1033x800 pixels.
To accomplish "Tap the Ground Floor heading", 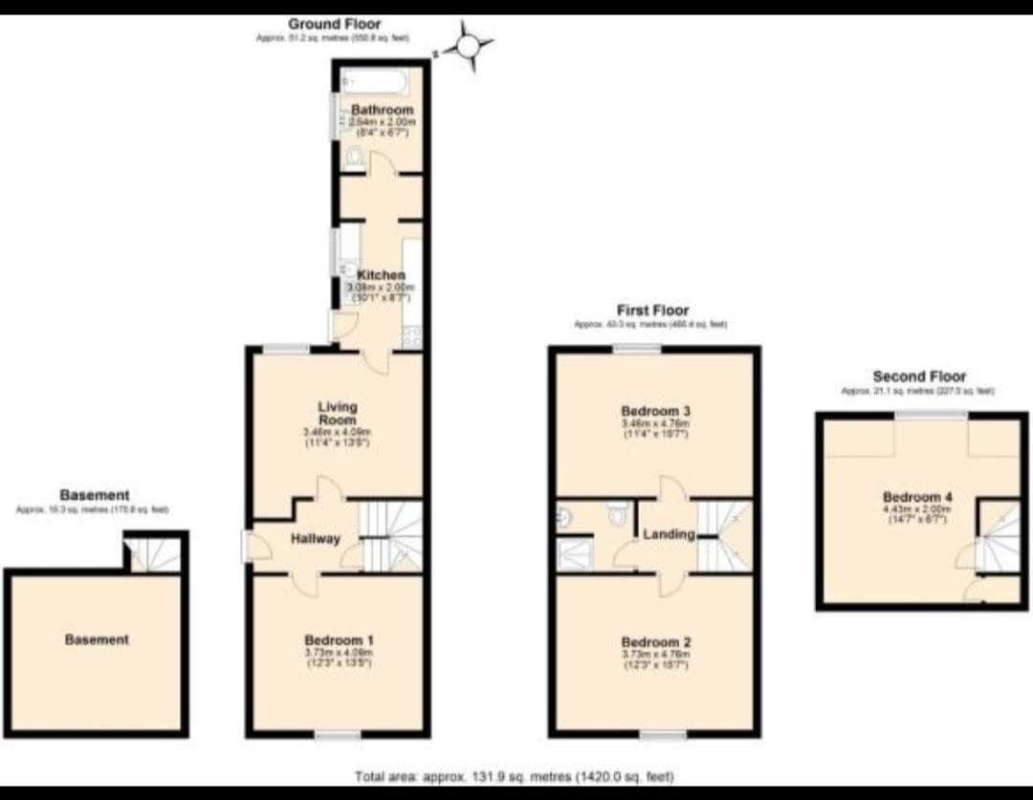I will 334,24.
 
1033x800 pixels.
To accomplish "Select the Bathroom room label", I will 382,110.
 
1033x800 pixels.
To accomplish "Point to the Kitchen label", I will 382,275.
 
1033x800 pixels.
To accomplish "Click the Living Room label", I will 337,413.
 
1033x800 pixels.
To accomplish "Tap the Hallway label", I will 316,538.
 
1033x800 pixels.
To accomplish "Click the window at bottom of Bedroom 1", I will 338,734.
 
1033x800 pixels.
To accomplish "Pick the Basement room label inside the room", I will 97,639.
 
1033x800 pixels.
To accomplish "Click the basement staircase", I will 153,553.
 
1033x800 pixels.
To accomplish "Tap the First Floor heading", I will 653,311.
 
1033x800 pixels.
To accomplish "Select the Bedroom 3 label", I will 655,411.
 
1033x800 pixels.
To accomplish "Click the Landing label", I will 669,534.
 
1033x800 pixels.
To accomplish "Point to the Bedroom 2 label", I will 655,642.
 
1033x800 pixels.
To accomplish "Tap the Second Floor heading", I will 919,377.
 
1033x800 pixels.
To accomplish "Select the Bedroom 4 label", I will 916,497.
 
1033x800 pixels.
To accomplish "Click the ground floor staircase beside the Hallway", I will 390,535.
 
